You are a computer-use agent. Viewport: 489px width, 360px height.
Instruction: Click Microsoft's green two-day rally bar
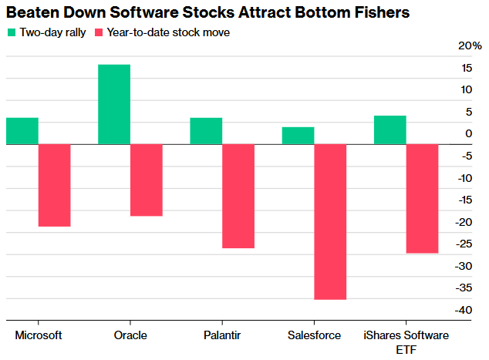(x=22, y=131)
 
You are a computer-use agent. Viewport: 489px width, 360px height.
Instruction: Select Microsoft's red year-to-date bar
(x=54, y=185)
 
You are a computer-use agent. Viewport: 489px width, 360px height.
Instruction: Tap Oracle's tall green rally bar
(x=114, y=104)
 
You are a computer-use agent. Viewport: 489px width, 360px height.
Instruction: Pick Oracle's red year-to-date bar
(x=147, y=180)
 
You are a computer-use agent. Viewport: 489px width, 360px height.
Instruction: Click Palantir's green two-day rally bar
(x=206, y=131)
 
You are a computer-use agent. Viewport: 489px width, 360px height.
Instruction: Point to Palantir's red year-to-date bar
(x=238, y=196)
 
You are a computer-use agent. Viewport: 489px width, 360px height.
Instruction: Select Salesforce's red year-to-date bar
(x=330, y=221)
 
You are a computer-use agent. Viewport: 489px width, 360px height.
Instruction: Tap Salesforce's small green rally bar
(x=298, y=136)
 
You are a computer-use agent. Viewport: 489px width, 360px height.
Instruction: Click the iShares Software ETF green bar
(x=390, y=130)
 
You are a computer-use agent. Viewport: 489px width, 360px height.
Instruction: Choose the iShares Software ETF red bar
(x=422, y=198)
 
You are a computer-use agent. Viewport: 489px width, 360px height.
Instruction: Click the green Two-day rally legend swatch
(x=11, y=33)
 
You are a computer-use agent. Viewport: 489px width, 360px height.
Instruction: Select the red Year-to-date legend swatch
(x=98, y=33)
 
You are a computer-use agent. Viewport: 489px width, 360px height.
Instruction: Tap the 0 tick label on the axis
(x=467, y=134)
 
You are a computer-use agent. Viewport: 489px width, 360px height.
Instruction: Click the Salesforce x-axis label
(x=313, y=335)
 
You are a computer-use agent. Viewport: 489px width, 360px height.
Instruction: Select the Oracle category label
(x=130, y=335)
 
